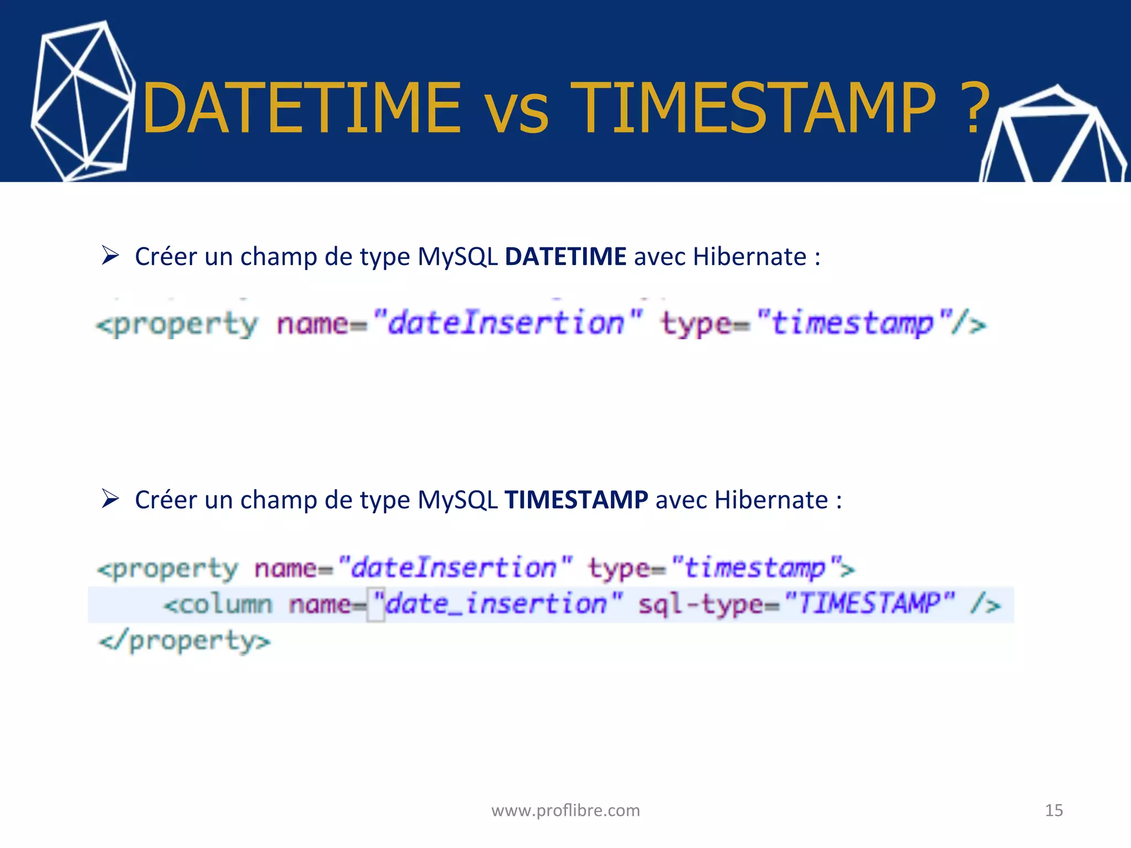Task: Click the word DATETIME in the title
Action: [301, 108]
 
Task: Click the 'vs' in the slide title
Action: [516, 114]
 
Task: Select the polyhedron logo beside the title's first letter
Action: [83, 102]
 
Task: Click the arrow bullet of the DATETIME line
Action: [110, 256]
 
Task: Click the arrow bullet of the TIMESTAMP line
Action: [110, 499]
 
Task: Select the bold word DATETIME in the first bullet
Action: [565, 257]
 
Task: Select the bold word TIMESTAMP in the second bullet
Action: [576, 500]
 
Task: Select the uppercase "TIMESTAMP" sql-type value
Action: [869, 603]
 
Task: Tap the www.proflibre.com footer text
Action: [565, 810]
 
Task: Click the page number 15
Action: [1054, 810]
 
